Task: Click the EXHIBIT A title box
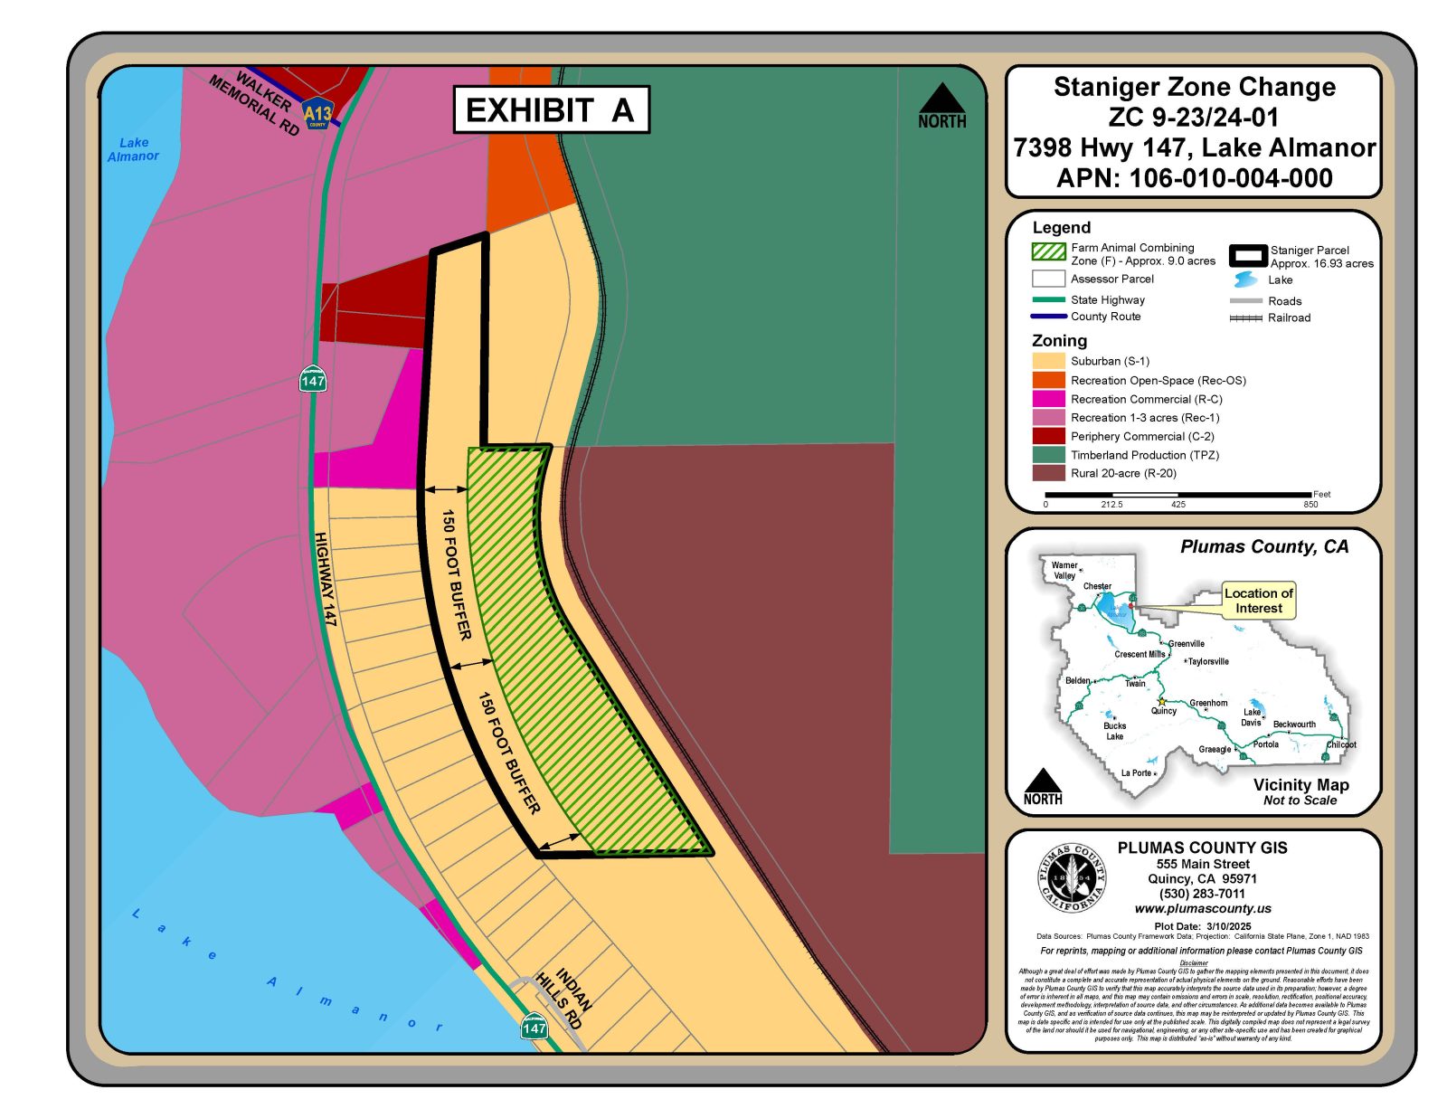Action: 551,109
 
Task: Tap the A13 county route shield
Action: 317,114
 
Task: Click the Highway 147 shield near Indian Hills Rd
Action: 534,1027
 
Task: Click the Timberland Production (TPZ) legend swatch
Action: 1048,455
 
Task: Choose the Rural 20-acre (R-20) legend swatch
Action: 1048,473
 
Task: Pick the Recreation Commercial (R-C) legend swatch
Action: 1048,399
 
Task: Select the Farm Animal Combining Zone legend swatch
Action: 1048,251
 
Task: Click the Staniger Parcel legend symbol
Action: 1247,255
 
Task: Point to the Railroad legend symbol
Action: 1245,318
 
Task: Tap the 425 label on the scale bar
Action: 1177,505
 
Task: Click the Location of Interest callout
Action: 1258,601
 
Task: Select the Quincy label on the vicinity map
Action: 1164,711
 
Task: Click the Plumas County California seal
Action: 1072,878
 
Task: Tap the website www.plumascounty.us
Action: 1203,908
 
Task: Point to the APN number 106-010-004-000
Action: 1195,178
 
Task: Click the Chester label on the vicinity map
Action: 1097,586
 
